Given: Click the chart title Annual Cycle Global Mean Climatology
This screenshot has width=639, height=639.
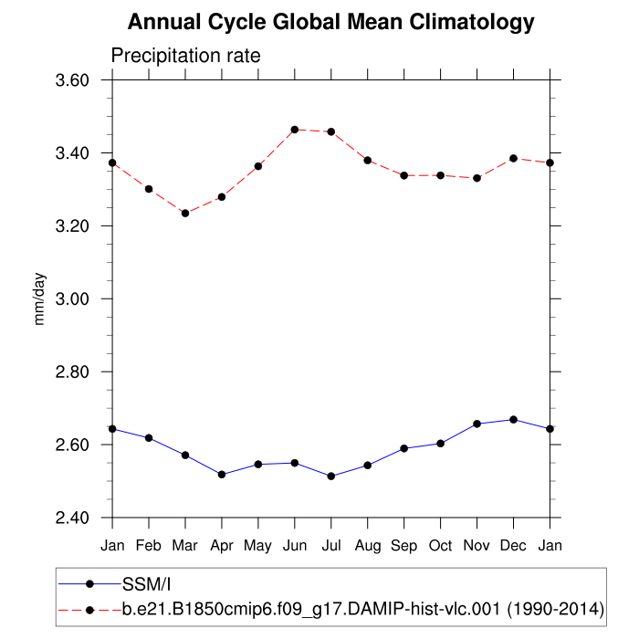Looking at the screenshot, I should (x=330, y=21).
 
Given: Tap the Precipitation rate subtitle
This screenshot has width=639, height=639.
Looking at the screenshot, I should (x=185, y=56).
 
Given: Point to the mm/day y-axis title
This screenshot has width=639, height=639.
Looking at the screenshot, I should (x=41, y=299).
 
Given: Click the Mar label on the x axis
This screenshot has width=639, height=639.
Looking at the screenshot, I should (x=185, y=545).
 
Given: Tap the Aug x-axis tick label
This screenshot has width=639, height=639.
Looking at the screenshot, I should (x=367, y=545).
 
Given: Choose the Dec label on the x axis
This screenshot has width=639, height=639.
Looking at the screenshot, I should (x=513, y=545).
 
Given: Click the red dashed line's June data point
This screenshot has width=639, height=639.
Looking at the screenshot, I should (x=294, y=130).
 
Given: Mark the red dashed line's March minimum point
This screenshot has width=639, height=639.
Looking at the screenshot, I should (x=185, y=213).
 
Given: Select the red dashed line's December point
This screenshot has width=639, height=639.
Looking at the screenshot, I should (x=513, y=158).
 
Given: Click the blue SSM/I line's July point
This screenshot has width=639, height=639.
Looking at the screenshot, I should (x=330, y=476).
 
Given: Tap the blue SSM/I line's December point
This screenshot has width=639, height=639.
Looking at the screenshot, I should (x=513, y=419).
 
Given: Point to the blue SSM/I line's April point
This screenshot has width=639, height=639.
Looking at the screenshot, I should (x=222, y=474).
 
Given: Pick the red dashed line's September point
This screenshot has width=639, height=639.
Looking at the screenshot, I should (x=403, y=175).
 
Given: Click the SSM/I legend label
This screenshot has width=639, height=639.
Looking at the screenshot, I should (x=147, y=583).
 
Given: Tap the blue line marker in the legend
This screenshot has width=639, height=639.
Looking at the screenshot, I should (x=89, y=583).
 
